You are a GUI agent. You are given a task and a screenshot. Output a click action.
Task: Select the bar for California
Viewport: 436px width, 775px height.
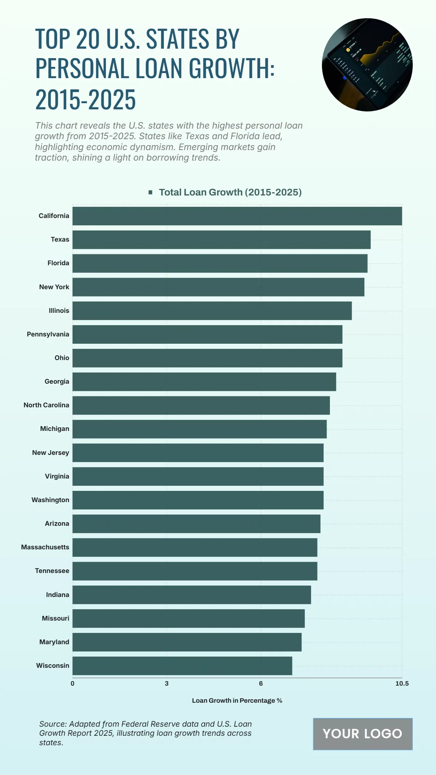coord(237,216)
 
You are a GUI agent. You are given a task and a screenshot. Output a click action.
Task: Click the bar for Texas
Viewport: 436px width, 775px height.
coord(221,239)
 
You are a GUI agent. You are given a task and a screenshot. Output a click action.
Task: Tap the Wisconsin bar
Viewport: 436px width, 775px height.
coord(182,666)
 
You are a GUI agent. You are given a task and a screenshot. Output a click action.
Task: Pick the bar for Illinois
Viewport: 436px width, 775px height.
coord(212,311)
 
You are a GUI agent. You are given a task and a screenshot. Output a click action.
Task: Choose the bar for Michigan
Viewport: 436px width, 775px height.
coord(199,429)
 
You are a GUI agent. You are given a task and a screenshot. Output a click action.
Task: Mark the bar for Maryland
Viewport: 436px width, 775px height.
coord(187,642)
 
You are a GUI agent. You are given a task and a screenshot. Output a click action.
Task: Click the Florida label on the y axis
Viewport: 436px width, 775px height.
coord(58,263)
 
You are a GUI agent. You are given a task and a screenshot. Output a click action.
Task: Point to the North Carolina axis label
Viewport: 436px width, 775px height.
coord(46,405)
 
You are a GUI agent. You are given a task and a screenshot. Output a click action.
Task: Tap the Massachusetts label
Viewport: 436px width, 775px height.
coord(45,547)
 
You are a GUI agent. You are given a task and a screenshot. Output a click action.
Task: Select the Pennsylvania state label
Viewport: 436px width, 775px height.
coord(48,334)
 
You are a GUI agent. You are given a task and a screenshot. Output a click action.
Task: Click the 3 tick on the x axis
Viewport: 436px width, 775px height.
coord(166,683)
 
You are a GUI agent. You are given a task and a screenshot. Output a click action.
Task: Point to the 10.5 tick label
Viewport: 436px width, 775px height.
coord(402,683)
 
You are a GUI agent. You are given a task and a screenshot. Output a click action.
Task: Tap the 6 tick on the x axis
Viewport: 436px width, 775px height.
coord(261,683)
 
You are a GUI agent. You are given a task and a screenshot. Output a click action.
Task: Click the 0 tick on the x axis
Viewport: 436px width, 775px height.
coord(72,683)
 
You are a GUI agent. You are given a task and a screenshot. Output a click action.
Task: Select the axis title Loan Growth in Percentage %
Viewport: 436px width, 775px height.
coord(237,701)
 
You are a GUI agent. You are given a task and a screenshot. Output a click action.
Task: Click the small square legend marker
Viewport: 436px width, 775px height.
coord(150,192)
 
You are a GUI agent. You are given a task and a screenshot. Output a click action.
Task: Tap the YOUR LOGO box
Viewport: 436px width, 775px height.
coord(363,734)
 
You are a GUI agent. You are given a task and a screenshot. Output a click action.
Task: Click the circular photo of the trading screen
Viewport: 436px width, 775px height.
coord(367,65)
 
